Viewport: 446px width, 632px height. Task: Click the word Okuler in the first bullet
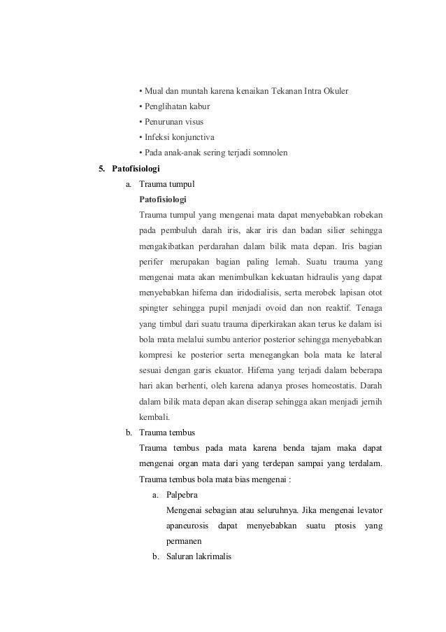tap(334, 92)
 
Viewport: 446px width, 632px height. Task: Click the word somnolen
tap(269, 153)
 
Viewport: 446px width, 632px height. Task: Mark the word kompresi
tap(158, 353)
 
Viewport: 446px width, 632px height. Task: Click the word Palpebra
tap(181, 494)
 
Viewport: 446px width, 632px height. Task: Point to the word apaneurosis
tap(192, 525)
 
